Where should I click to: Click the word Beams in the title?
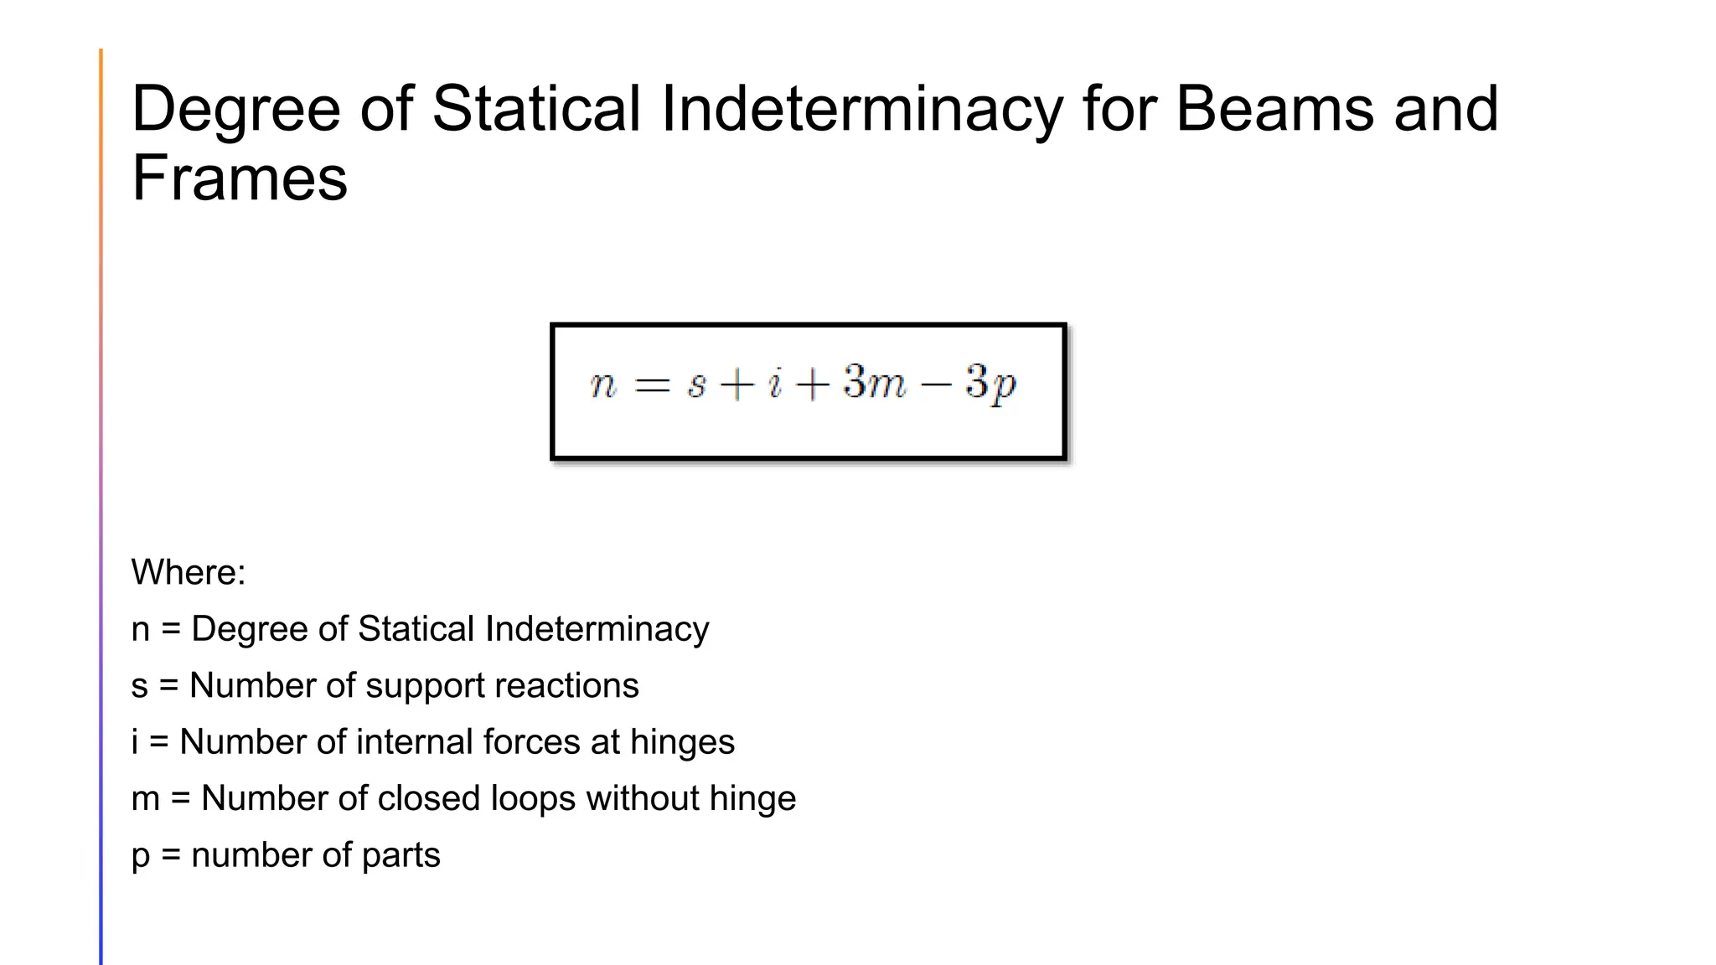pyautogui.click(x=1274, y=109)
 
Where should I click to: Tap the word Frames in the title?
pyautogui.click(x=240, y=178)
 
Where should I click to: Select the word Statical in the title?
pyautogui.click(x=537, y=109)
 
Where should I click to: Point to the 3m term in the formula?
pyautogui.click(x=874, y=383)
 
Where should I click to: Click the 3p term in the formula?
pyautogui.click(x=990, y=384)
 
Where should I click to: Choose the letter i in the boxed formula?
pyautogui.click(x=775, y=384)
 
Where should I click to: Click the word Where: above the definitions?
pyautogui.click(x=189, y=573)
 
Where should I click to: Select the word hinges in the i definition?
pyautogui.click(x=682, y=743)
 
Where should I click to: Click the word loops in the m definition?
pyautogui.click(x=532, y=798)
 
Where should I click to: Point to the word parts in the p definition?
pyautogui.click(x=401, y=856)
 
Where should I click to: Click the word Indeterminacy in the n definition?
pyautogui.click(x=597, y=630)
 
